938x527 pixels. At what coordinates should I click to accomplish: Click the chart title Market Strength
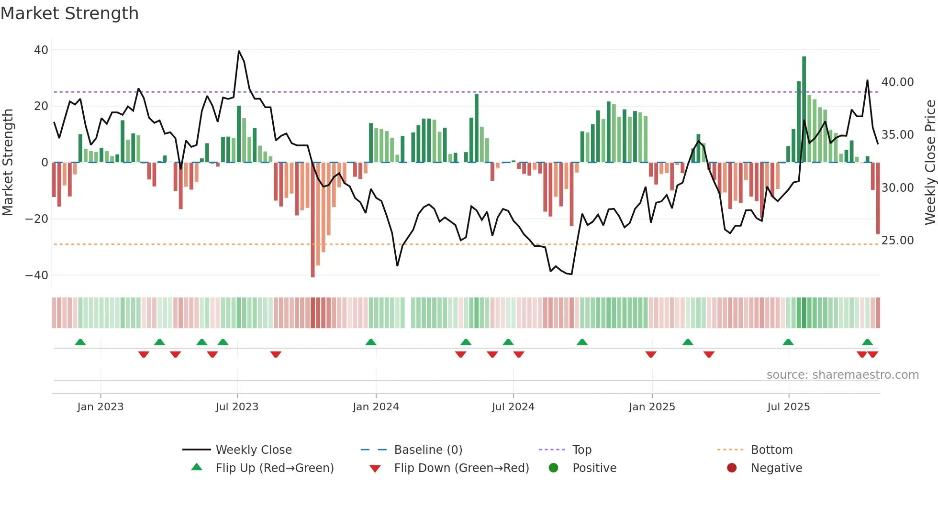(x=69, y=13)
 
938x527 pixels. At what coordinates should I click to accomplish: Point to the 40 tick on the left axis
(x=41, y=50)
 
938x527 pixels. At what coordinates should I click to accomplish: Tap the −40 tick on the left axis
(x=36, y=275)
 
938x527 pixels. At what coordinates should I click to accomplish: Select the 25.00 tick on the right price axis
(x=897, y=241)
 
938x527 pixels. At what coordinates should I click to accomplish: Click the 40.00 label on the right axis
(x=897, y=82)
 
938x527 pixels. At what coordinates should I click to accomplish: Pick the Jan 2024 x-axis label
(x=376, y=407)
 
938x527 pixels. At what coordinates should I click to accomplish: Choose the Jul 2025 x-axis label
(x=788, y=407)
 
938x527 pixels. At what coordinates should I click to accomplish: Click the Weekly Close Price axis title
(x=930, y=163)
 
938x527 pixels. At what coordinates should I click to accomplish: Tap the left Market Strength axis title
(x=8, y=163)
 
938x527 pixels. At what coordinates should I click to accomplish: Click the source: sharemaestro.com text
(x=842, y=375)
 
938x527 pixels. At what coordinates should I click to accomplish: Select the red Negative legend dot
(x=732, y=468)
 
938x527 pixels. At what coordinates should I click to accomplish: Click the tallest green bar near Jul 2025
(x=804, y=110)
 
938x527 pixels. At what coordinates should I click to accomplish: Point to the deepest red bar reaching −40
(x=313, y=220)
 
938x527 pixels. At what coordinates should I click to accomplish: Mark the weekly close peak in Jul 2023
(x=239, y=51)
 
